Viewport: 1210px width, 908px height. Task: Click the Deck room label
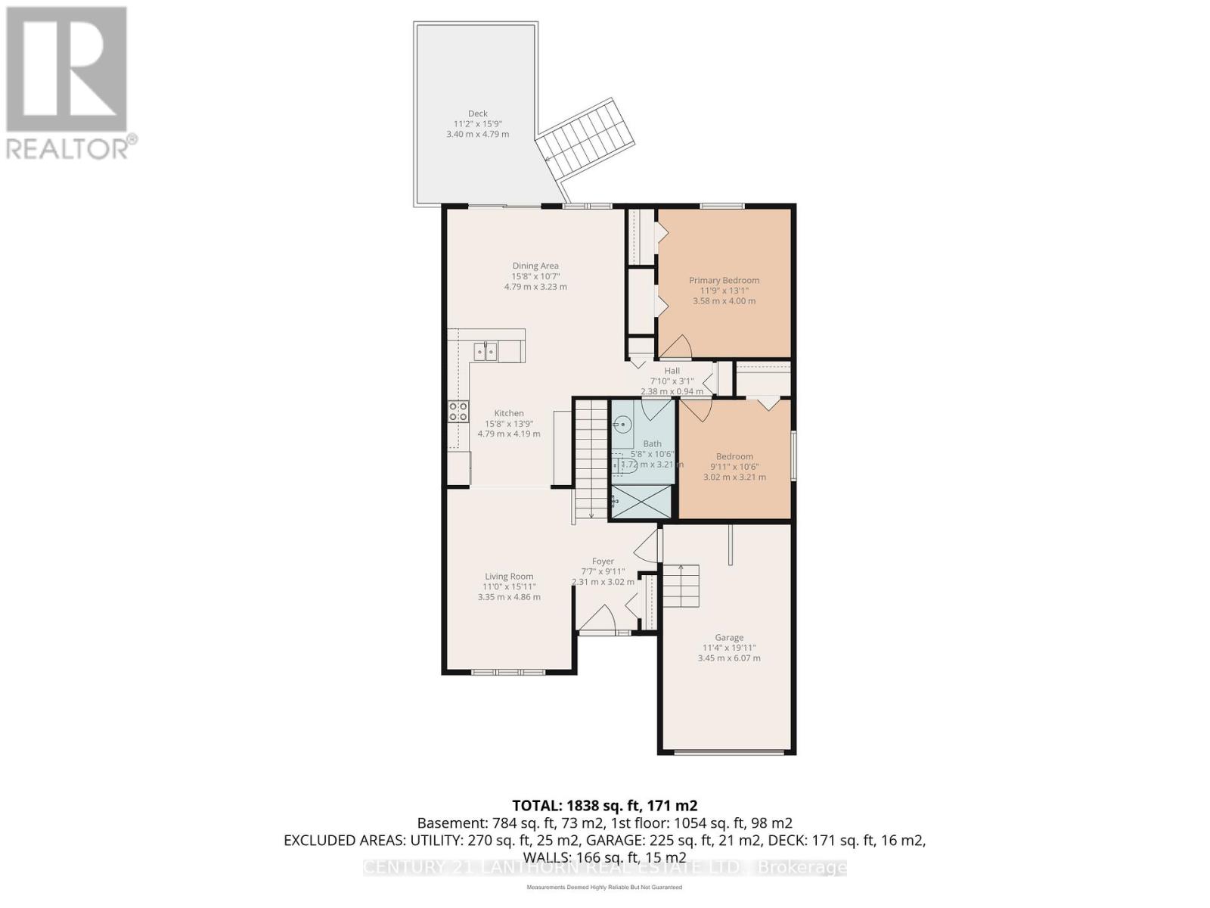(477, 113)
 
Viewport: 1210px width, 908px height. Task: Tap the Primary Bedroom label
(724, 280)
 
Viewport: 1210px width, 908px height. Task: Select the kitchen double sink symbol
(486, 351)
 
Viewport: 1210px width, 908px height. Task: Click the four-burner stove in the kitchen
(458, 412)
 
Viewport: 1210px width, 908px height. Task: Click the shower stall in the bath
(641, 502)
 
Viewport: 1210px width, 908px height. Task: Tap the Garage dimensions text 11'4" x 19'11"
(729, 648)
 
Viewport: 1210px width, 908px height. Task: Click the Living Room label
(509, 576)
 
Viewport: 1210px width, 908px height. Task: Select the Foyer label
(603, 561)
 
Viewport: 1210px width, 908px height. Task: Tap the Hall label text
(672, 371)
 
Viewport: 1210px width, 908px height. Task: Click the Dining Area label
(535, 266)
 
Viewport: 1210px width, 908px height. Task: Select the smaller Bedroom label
(734, 456)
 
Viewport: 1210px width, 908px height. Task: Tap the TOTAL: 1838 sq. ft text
(604, 806)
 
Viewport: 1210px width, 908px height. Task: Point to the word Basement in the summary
(443, 823)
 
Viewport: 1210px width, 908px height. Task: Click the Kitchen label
(509, 413)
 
